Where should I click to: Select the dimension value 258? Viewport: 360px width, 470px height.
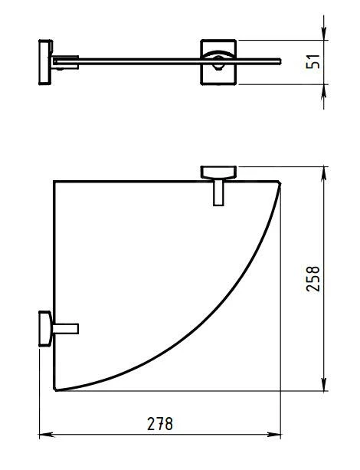click(313, 279)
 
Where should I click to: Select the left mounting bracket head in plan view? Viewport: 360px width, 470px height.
click(44, 329)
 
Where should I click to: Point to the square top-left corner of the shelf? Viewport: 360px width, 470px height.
click(55, 182)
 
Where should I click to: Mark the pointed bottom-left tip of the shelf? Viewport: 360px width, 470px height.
click(57, 390)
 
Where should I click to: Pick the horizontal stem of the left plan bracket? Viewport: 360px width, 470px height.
click(64, 329)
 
